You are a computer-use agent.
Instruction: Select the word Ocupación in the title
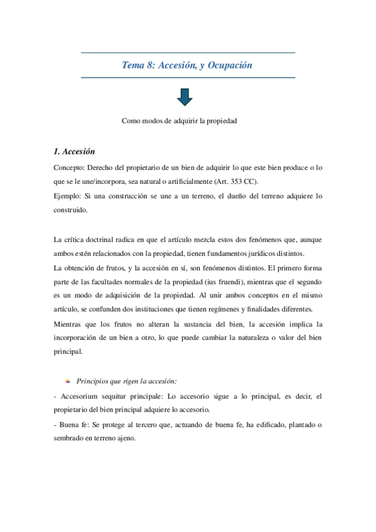pos(229,65)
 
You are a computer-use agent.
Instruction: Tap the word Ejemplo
pos(68,196)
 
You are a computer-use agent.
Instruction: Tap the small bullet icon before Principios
pos(68,381)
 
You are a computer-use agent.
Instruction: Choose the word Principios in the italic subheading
pos(94,381)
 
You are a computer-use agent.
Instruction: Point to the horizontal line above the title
pos(188,53)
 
